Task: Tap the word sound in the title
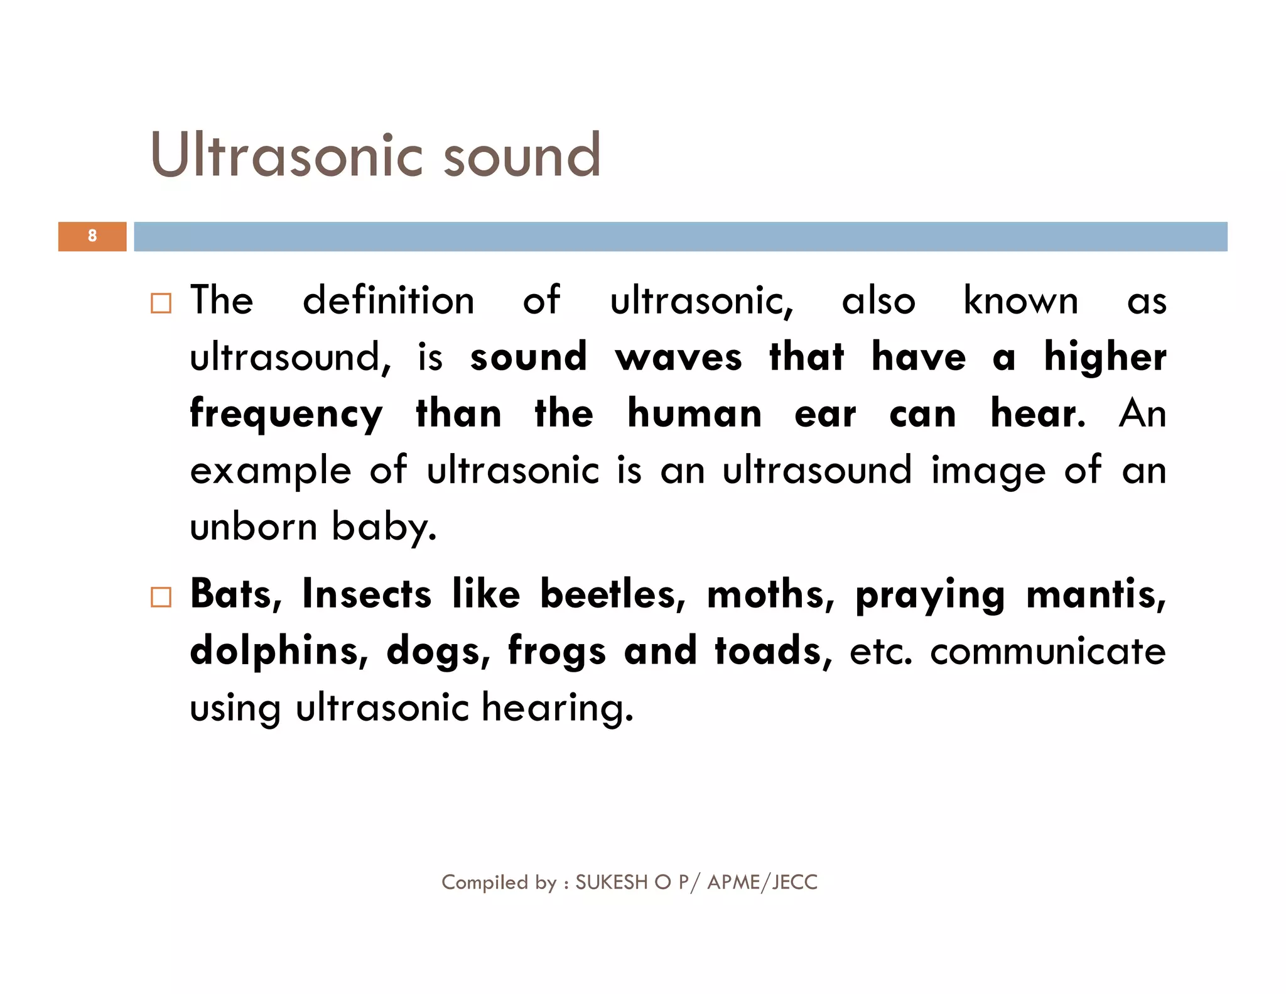click(522, 155)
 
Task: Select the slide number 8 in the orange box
click(92, 236)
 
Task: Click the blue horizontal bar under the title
click(680, 236)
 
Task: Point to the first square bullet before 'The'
click(161, 303)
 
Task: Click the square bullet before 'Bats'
click(161, 597)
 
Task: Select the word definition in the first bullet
click(388, 300)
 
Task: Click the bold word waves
click(679, 358)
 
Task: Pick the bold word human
click(694, 414)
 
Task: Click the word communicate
click(1047, 652)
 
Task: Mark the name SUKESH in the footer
click(611, 882)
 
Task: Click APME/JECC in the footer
click(762, 882)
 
